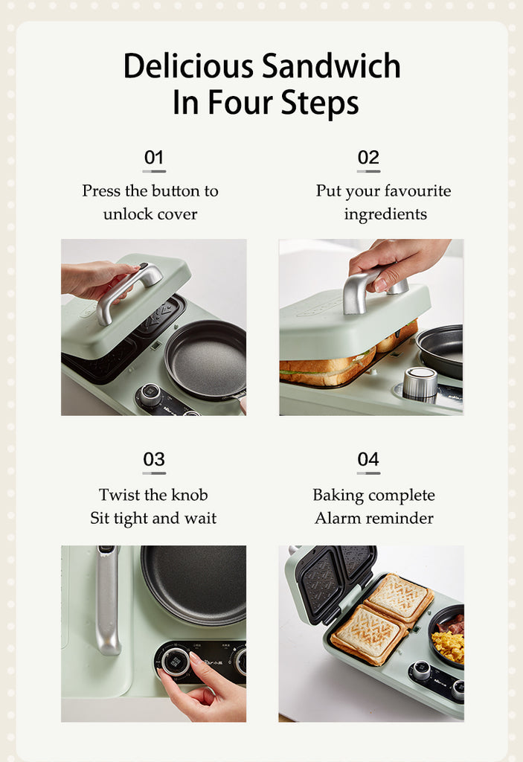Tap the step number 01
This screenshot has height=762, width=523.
[154, 157]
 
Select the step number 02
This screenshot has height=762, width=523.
[368, 157]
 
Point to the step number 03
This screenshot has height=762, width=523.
[154, 459]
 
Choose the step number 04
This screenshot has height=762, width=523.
[368, 459]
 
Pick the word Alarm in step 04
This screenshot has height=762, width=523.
[338, 518]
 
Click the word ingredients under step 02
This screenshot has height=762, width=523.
[385, 214]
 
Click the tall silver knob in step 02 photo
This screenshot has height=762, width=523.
[420, 382]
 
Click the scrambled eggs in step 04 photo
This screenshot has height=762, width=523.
[448, 645]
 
